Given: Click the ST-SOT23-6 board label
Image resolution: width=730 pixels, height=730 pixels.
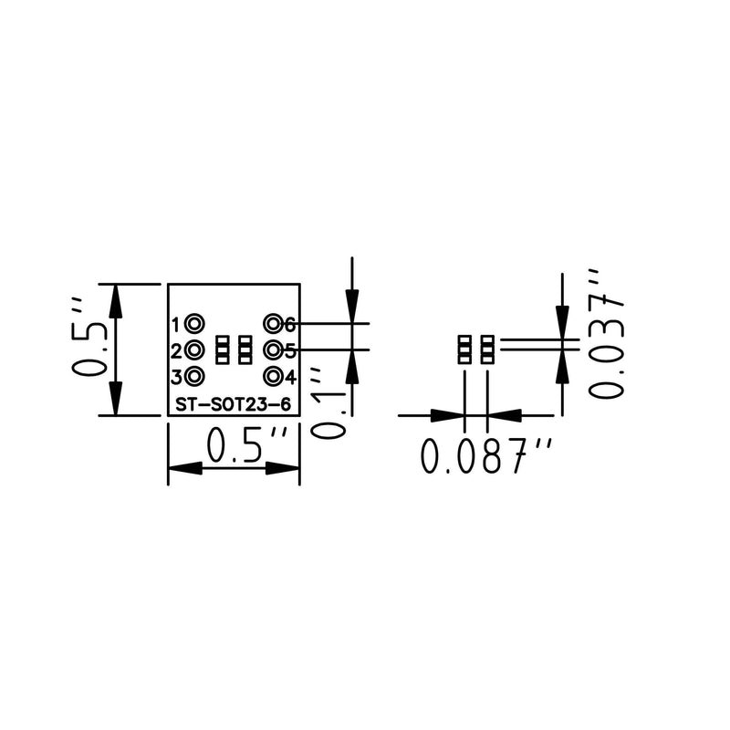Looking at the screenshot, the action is [x=234, y=404].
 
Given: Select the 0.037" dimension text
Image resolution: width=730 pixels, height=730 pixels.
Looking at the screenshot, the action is [x=606, y=333].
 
